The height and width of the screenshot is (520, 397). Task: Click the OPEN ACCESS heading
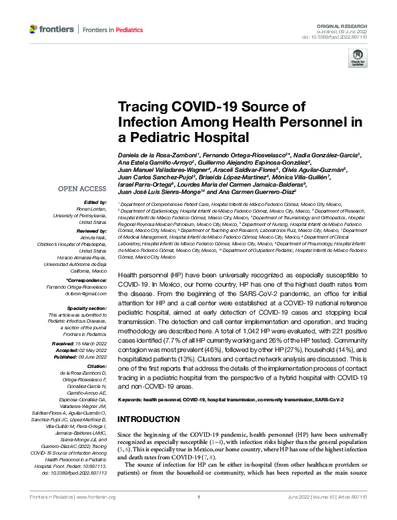(x=81, y=189)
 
